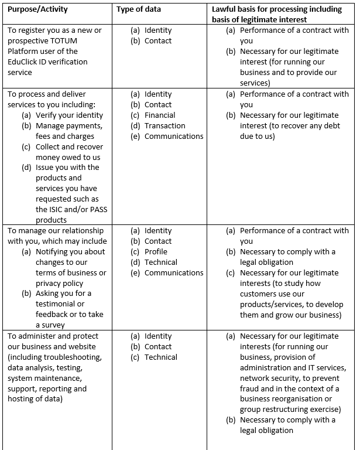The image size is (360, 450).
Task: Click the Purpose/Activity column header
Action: tap(37, 9)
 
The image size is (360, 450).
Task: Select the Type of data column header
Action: tap(139, 9)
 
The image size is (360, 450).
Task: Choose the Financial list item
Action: tap(160, 115)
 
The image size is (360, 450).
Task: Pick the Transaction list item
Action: tap(164, 125)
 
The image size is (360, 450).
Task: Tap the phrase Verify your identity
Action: tap(69, 115)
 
